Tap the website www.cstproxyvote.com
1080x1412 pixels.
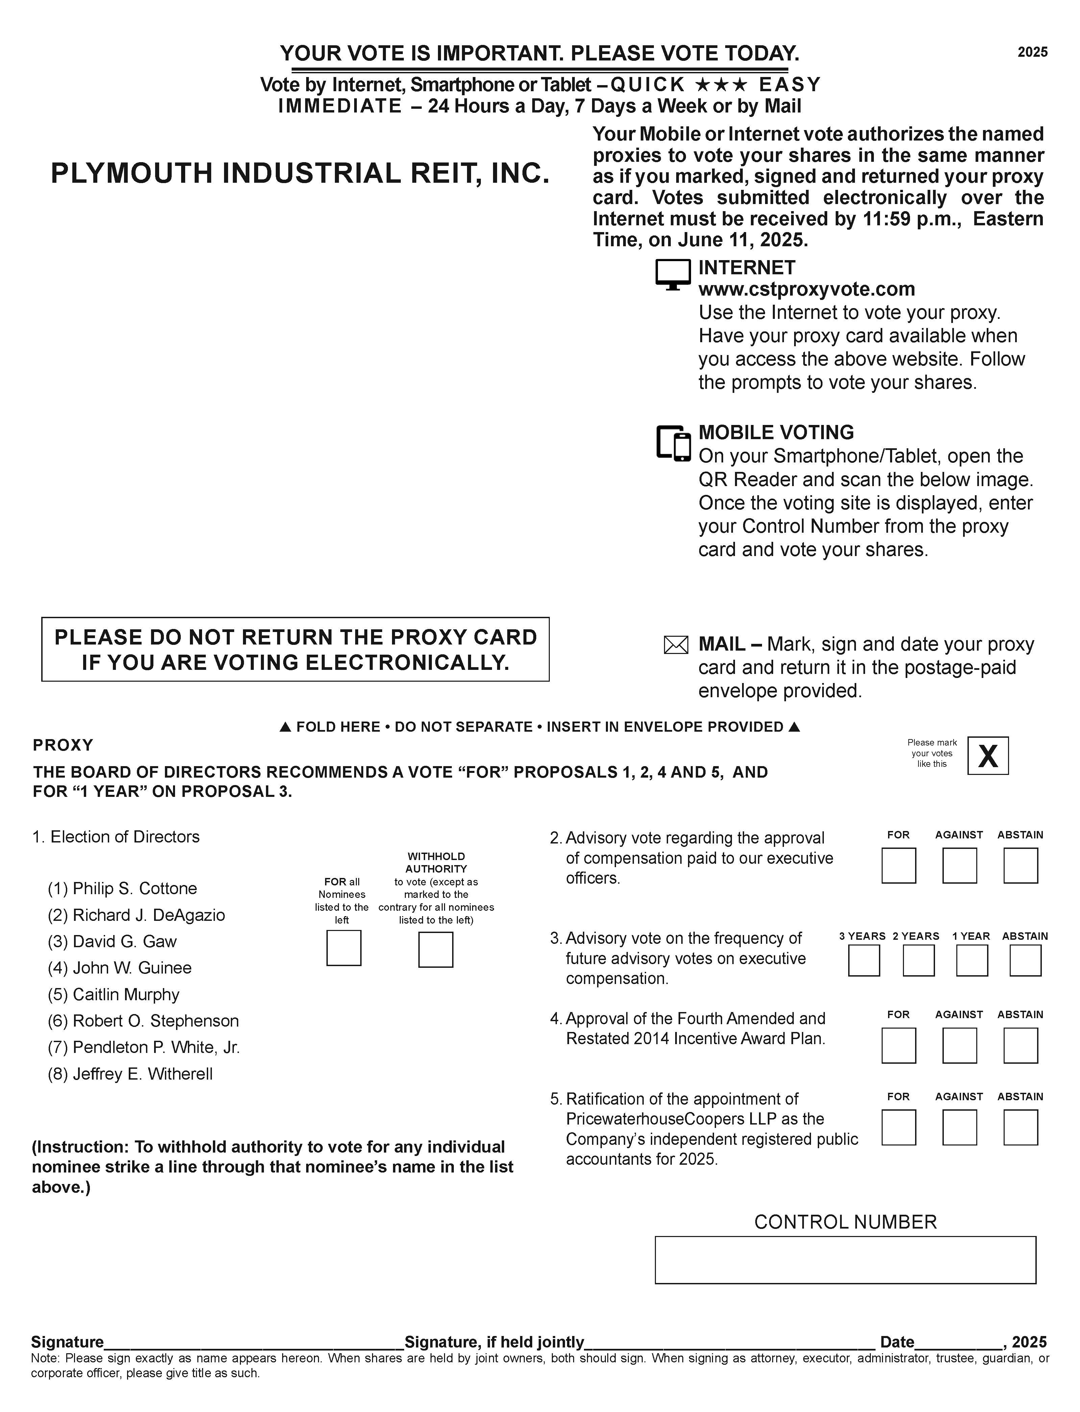click(x=806, y=289)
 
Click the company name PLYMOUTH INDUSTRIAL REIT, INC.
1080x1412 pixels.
click(x=300, y=174)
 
